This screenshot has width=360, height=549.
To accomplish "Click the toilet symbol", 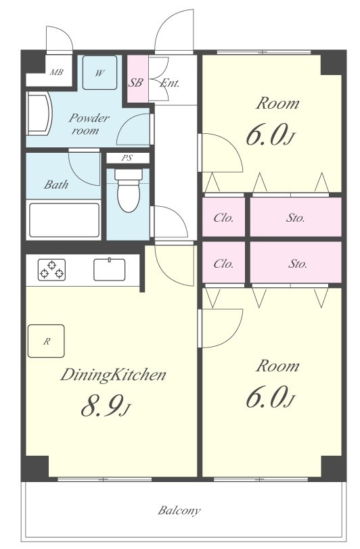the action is pos(129,191).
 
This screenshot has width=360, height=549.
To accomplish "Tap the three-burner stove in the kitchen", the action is pos(51,270).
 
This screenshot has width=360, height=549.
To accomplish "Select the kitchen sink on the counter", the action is pos(110,269).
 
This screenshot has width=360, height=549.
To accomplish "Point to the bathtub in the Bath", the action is pos(64,220).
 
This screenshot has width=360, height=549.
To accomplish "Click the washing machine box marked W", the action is pos(99,73).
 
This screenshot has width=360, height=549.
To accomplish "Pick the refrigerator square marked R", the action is pos(46,341).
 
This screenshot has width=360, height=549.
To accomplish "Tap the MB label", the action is pos(56,72).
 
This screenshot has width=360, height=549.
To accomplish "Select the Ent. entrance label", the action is pos(170,83).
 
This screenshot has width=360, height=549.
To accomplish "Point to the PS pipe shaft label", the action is pos(127,158).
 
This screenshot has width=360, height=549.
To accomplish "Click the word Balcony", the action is pos(179,510).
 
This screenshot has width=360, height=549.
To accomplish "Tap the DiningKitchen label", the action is pos(113,375).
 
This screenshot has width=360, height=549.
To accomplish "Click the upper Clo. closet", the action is pos(223,218).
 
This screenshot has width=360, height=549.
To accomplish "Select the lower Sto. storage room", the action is pos(296,262).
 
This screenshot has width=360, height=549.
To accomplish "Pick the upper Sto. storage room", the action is pos(296,218).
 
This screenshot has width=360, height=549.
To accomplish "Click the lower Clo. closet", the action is pos(223,262).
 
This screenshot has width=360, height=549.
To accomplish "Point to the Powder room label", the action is pos(89,124).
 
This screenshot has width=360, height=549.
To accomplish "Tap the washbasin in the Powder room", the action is pos(40,113).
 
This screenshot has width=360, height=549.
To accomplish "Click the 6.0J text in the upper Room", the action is pos(269,135).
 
